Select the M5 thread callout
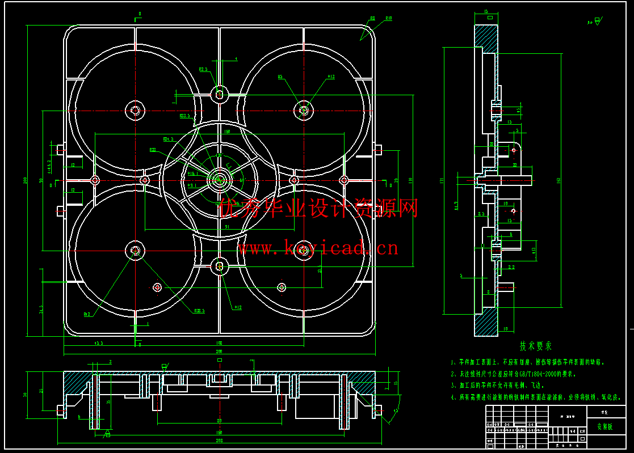[280, 76]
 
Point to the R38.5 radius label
[199, 311]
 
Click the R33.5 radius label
[184, 116]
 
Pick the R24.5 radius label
[168, 138]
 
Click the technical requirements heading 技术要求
[535, 346]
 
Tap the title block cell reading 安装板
[604, 427]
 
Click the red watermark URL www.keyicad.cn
[318, 248]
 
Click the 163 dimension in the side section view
[559, 180]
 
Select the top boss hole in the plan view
[220, 94]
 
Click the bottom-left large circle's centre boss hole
[135, 250]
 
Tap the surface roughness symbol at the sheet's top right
[594, 22]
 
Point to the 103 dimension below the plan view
[219, 343]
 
